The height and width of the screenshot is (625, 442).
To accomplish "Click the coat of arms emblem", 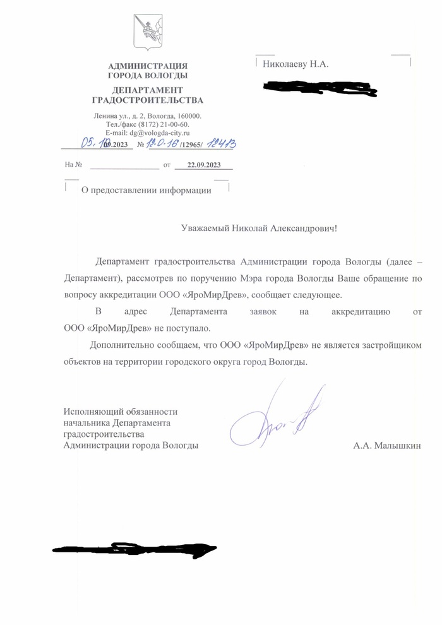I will (x=148, y=32).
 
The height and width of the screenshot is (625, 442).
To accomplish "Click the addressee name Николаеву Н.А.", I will (x=296, y=64).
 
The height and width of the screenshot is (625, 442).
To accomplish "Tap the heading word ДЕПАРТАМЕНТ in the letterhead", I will (x=148, y=90).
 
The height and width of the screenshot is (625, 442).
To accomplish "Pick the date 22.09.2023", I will (x=202, y=165).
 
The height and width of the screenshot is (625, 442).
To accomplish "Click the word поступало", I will (x=188, y=328).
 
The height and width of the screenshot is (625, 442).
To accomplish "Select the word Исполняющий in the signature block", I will (x=88, y=412).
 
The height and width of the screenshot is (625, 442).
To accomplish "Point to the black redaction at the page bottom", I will (x=133, y=550).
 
